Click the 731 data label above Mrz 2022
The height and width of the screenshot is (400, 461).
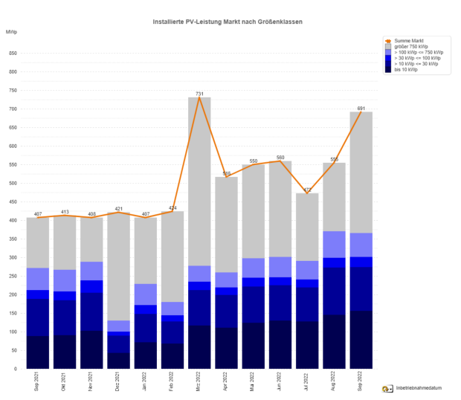tap(199, 94)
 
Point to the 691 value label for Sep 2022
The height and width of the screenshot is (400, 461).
tap(361, 109)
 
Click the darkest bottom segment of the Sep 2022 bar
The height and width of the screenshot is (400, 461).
tap(361, 339)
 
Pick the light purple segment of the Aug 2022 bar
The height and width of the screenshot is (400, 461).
tap(334, 245)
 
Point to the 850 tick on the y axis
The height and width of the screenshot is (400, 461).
tap(13, 54)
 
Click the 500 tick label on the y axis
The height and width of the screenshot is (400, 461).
tap(13, 183)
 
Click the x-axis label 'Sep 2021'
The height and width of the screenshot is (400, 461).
tap(38, 383)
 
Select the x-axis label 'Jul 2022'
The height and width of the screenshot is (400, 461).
tap(307, 383)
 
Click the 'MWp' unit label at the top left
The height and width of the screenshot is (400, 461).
tap(11, 32)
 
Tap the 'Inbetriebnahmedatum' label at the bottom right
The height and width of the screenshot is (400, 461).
tap(421, 388)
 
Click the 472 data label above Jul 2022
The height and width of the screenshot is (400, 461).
tap(307, 190)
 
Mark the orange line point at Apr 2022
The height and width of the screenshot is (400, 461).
tap(226, 177)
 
